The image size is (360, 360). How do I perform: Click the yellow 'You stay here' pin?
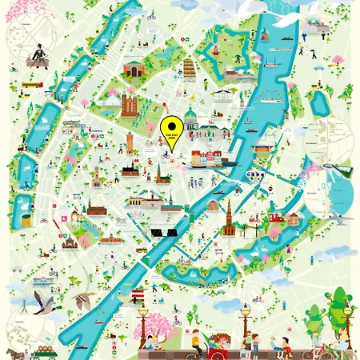point(170,129)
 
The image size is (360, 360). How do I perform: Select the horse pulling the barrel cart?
point(14,352)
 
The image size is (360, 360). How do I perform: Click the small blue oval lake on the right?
point(321,102)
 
